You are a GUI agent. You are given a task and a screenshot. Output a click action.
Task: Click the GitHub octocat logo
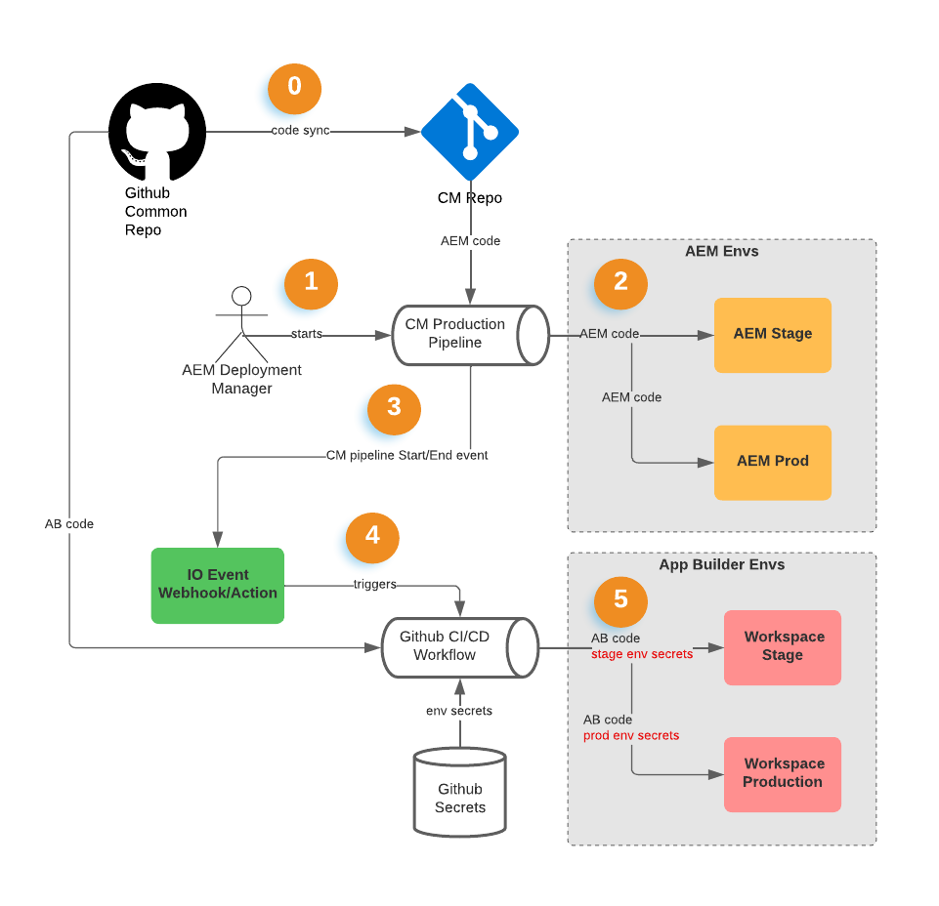pyautogui.click(x=156, y=132)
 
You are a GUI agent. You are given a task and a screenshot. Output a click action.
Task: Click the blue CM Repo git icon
pyautogui.click(x=470, y=131)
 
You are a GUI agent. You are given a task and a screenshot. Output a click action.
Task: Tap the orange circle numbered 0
pyautogui.click(x=294, y=88)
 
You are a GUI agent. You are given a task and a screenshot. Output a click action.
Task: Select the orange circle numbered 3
pyautogui.click(x=394, y=408)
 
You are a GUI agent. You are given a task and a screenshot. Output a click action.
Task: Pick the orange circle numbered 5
pyautogui.click(x=620, y=599)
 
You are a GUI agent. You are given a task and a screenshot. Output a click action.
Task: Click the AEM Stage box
pyautogui.click(x=772, y=335)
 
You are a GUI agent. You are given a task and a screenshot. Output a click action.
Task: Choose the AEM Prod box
pyautogui.click(x=772, y=462)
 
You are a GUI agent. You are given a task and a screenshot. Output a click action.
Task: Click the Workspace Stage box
pyautogui.click(x=782, y=646)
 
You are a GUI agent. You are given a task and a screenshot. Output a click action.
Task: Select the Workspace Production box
pyautogui.click(x=782, y=773)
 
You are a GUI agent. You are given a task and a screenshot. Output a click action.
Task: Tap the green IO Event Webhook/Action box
pyautogui.click(x=217, y=585)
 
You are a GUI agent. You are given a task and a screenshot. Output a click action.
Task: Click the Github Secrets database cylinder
pyautogui.click(x=459, y=792)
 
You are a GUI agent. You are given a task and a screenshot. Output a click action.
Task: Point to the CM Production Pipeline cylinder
pyautogui.click(x=470, y=335)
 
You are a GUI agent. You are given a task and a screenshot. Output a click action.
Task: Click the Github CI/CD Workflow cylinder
pyautogui.click(x=458, y=646)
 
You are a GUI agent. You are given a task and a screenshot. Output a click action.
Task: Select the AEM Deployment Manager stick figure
pyautogui.click(x=240, y=327)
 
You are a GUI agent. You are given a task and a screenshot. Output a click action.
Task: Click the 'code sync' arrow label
pyautogui.click(x=300, y=131)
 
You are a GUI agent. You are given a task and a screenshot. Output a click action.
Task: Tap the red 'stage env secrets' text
pyautogui.click(x=642, y=654)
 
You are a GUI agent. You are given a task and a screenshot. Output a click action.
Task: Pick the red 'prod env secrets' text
pyautogui.click(x=630, y=735)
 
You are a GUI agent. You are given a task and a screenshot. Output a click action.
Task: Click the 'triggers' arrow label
pyautogui.click(x=374, y=585)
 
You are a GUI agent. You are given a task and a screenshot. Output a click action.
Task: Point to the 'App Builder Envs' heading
pyautogui.click(x=721, y=564)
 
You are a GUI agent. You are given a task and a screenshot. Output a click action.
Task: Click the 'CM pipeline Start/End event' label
pyautogui.click(x=406, y=455)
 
